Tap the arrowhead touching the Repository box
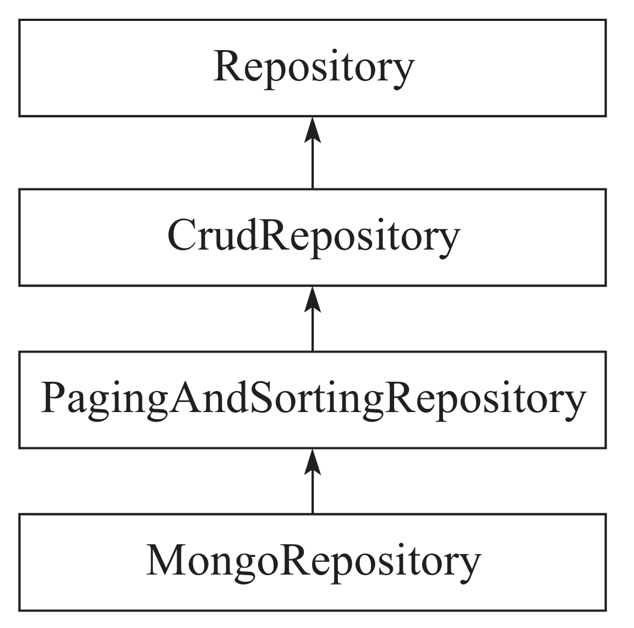[x=313, y=129]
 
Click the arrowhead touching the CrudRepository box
[x=313, y=299]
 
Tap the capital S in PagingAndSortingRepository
[x=263, y=397]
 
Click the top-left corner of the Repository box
[x=19, y=20]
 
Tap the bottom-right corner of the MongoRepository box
[x=606, y=610]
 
